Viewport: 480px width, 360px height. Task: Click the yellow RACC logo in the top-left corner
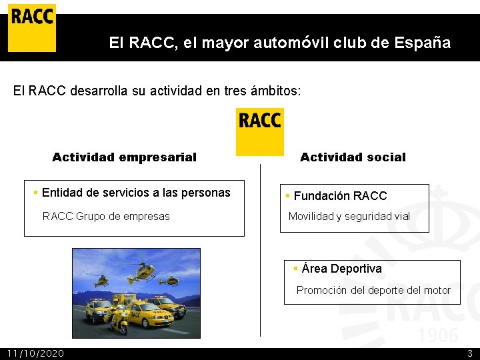coord(31,27)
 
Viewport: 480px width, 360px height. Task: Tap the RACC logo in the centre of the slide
coord(260,131)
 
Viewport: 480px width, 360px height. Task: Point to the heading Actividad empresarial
coord(124,157)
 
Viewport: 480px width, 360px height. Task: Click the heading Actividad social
coord(353,157)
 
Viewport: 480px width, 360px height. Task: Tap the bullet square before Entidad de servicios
coord(36,193)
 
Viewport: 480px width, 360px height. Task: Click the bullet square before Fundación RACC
coord(288,196)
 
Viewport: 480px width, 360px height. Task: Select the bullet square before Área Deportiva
coord(296,268)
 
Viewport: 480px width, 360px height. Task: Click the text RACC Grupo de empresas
coord(106,216)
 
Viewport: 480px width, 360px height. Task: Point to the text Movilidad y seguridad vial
coord(349,216)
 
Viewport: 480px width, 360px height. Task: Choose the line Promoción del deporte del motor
coord(373,290)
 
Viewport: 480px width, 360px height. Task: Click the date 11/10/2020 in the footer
coord(35,353)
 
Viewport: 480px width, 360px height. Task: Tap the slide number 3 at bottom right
coord(469,353)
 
